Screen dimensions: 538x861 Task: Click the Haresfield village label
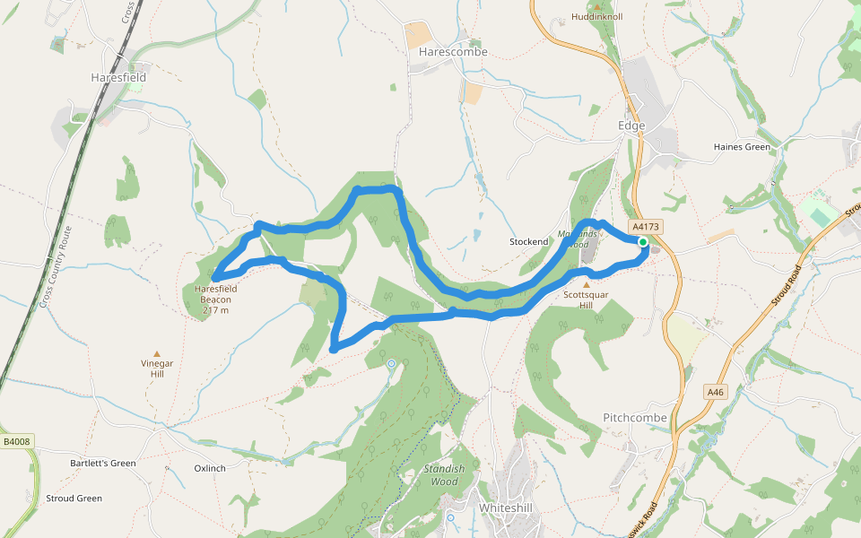coord(118,78)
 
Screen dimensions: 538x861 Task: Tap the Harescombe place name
coord(453,52)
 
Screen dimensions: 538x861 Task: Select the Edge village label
coord(631,126)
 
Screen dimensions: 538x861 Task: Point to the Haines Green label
coord(742,147)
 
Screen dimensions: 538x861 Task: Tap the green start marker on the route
coord(643,242)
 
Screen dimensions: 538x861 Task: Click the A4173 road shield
coord(645,227)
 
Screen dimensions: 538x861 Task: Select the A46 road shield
coord(715,392)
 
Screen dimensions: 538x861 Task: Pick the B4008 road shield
coord(16,441)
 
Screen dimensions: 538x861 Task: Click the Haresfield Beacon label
coord(215,299)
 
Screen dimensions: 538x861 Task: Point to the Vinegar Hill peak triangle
coord(157,354)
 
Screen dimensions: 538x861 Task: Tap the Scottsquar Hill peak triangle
coord(587,284)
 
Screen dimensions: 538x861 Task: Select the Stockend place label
coord(528,242)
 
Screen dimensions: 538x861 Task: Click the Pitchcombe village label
coord(635,418)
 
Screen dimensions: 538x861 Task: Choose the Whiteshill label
coord(506,508)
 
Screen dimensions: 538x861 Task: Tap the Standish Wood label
coord(444,475)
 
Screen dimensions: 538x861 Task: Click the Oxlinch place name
coord(210,468)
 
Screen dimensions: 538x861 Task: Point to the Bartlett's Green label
coord(103,464)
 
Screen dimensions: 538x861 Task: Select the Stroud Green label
coord(74,499)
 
